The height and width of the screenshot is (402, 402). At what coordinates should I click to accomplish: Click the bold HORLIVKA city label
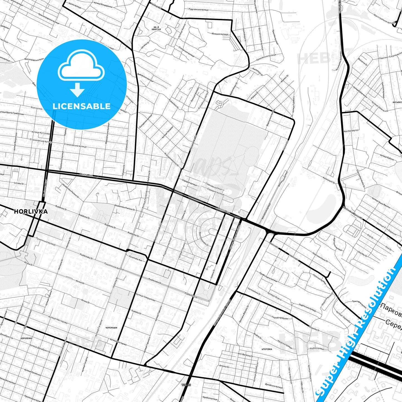[31, 211]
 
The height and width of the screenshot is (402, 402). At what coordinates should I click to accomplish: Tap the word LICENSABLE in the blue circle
[82, 106]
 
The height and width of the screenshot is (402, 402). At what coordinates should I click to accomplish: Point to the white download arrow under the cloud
[77, 90]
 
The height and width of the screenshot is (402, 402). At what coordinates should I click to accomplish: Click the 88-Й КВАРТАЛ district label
[156, 28]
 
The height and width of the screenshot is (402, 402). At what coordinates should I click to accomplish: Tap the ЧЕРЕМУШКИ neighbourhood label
[111, 328]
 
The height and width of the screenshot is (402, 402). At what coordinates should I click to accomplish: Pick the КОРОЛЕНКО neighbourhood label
[26, 338]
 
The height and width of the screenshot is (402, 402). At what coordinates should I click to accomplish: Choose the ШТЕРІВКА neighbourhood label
[267, 349]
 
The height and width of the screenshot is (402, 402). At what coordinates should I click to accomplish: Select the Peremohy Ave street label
[135, 258]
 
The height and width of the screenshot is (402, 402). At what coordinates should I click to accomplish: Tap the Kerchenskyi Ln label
[351, 131]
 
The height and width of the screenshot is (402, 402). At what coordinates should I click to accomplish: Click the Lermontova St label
[254, 291]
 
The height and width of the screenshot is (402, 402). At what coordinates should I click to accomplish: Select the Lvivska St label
[19, 184]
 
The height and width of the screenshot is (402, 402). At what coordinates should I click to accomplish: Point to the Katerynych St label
[329, 180]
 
